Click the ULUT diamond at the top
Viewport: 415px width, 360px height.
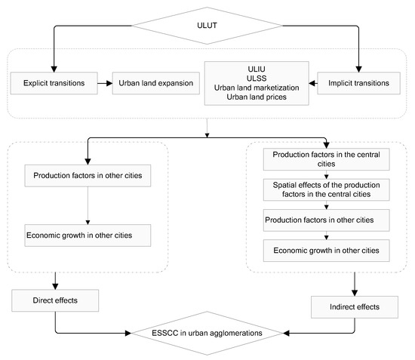click(207, 26)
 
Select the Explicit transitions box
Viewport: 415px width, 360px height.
click(54, 83)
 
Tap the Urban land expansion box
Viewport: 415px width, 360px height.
click(156, 83)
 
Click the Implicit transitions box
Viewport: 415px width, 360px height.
click(358, 83)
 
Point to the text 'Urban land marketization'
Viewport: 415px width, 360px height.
click(257, 88)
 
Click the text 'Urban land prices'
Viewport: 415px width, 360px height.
click(257, 97)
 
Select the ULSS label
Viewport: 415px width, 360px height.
click(257, 78)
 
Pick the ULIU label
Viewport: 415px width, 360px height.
click(257, 69)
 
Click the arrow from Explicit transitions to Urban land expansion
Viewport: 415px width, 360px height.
click(105, 83)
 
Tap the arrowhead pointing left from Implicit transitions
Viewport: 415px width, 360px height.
click(312, 83)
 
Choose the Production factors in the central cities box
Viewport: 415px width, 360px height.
click(326, 159)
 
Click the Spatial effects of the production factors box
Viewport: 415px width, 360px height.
click(326, 189)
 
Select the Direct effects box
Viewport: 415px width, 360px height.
click(55, 300)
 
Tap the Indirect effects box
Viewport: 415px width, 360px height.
click(355, 307)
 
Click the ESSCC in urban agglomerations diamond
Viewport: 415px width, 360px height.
click(207, 333)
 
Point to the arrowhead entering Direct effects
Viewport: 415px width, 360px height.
click(55, 286)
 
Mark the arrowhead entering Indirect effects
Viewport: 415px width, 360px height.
click(355, 293)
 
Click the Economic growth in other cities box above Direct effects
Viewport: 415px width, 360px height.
click(88, 235)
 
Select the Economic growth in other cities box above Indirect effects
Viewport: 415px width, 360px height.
click(326, 251)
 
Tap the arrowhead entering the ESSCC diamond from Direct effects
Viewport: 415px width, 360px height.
click(128, 333)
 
